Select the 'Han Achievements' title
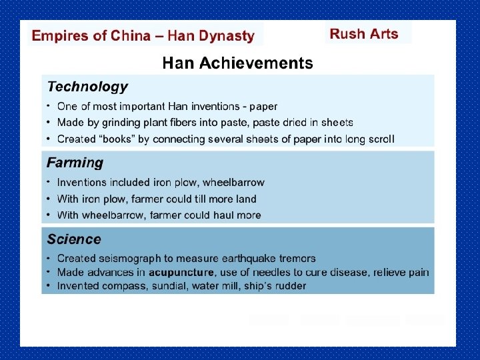[237, 63]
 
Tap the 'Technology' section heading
[87, 87]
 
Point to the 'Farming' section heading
[75, 163]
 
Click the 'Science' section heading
[74, 239]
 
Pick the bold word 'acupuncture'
[181, 272]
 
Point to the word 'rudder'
[290, 286]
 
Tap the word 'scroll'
[379, 139]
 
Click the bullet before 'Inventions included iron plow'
[48, 182]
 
